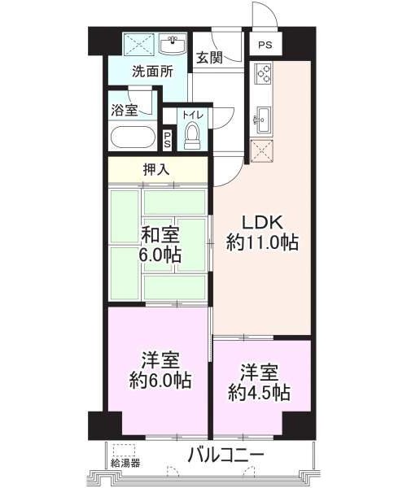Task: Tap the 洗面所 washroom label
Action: pyautogui.click(x=152, y=72)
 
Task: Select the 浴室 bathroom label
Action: pyautogui.click(x=125, y=110)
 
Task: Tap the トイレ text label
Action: pyautogui.click(x=193, y=115)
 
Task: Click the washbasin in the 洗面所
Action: pyautogui.click(x=173, y=45)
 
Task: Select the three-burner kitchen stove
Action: pyautogui.click(x=263, y=73)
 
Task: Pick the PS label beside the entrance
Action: pyautogui.click(x=265, y=45)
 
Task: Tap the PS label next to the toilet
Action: pyautogui.click(x=168, y=141)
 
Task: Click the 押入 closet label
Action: pyautogui.click(x=156, y=170)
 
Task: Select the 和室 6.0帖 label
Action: pyautogui.click(x=160, y=246)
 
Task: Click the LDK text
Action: pyautogui.click(x=262, y=223)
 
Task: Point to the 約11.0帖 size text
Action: pyautogui.click(x=262, y=243)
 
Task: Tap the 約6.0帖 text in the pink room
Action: pyautogui.click(x=160, y=380)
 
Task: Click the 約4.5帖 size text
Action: pyautogui.click(x=259, y=393)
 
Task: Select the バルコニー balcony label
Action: pyautogui.click(x=226, y=456)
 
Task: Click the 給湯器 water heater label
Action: pyautogui.click(x=125, y=463)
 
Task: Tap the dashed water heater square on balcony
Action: pyautogui.click(x=125, y=450)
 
